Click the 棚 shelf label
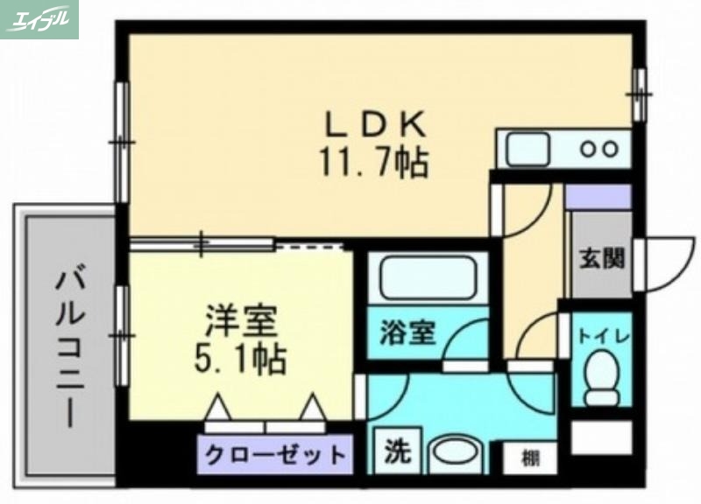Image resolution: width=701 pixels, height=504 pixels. coord(530,457)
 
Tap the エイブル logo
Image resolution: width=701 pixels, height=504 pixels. coord(39,19)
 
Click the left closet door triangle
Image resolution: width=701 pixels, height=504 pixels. coord(219,408)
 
